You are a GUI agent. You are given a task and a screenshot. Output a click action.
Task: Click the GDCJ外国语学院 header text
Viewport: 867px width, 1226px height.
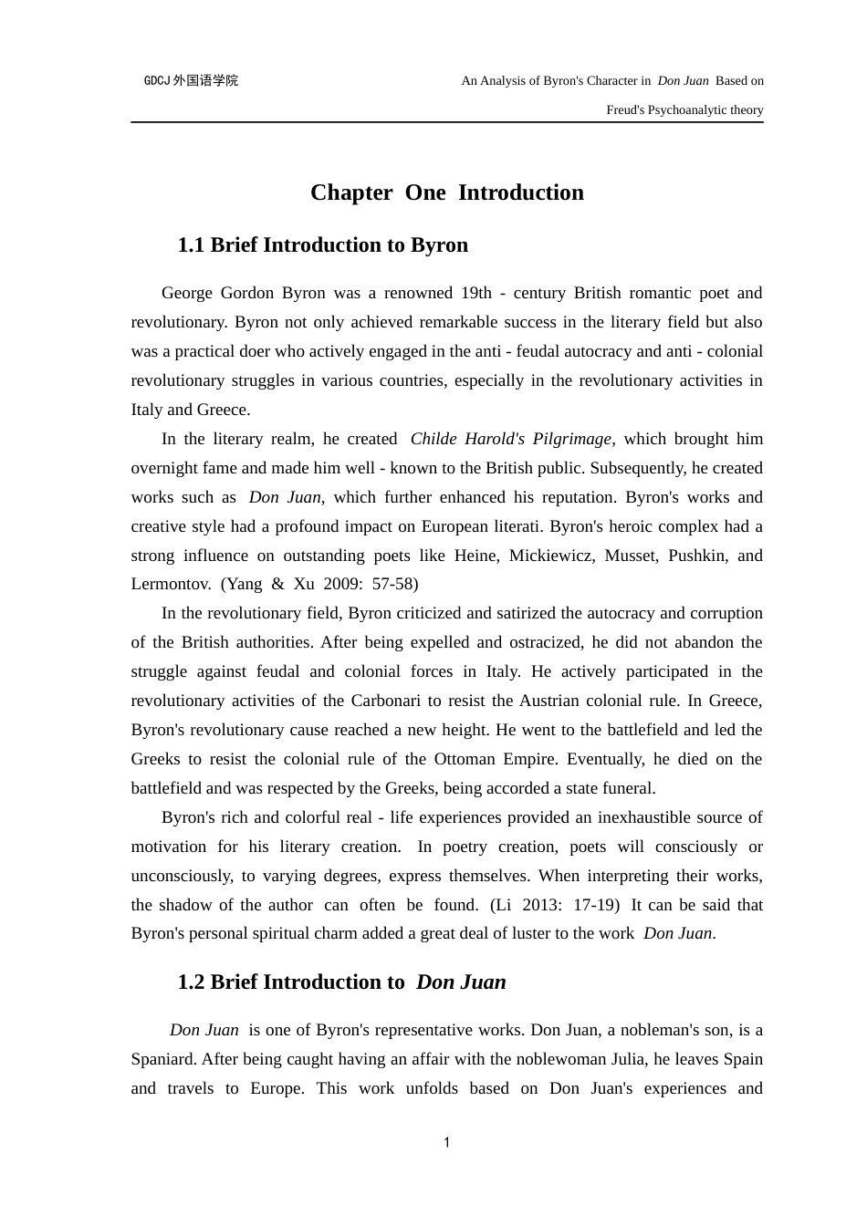tap(191, 81)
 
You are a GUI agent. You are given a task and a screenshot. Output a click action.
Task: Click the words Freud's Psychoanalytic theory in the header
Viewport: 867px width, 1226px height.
tap(684, 110)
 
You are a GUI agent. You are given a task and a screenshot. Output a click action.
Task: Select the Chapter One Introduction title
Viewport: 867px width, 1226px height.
tap(446, 192)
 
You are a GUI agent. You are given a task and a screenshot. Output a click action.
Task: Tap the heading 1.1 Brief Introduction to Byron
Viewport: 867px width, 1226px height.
tap(322, 245)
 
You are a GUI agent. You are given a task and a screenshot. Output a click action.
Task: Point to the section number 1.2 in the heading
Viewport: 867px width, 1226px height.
tap(191, 982)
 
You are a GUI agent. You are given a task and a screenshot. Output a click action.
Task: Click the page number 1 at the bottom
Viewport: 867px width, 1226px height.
tap(446, 1143)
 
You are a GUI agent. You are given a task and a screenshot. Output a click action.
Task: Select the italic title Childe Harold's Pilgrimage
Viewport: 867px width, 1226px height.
tap(510, 439)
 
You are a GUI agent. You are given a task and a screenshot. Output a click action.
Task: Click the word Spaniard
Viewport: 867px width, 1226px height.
tap(162, 1059)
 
